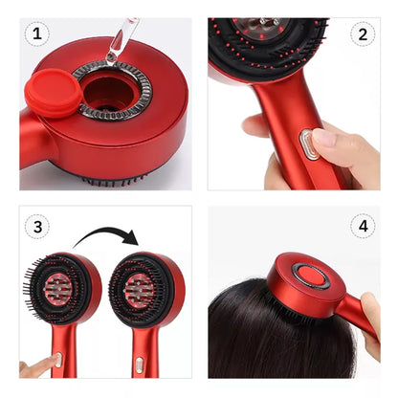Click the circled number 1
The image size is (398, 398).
(37, 33)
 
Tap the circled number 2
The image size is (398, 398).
(363, 34)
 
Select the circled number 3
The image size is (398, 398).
(37, 227)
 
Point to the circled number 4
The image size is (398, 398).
(363, 226)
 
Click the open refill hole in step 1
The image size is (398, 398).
(107, 94)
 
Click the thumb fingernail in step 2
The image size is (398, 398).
(323, 137)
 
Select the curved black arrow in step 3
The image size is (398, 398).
(108, 232)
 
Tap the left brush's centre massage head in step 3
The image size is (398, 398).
(58, 288)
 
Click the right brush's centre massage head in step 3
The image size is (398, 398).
(139, 290)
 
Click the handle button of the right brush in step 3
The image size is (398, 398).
(140, 365)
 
